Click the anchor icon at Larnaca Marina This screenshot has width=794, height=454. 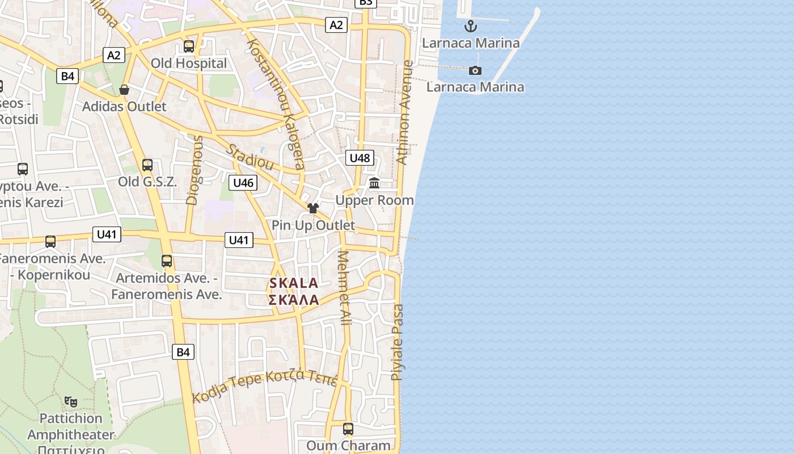pyautogui.click(x=470, y=26)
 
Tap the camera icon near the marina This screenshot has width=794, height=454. pyautogui.click(x=475, y=70)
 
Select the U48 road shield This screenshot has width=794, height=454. pyautogui.click(x=360, y=158)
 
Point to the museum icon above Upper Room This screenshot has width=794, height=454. pyautogui.click(x=374, y=183)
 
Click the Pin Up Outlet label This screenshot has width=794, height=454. pyautogui.click(x=313, y=225)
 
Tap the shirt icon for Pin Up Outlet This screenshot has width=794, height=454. pyautogui.click(x=313, y=208)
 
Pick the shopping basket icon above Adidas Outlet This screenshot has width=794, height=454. pyautogui.click(x=124, y=90)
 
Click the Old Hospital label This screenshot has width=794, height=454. pyautogui.click(x=188, y=63)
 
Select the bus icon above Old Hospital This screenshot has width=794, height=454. pyautogui.click(x=189, y=47)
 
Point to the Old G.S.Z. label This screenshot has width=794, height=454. pyautogui.click(x=147, y=182)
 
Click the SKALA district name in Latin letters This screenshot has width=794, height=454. pyautogui.click(x=294, y=283)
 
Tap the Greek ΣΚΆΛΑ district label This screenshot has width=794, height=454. pyautogui.click(x=294, y=300)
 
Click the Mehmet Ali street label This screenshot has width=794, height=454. pyautogui.click(x=344, y=288)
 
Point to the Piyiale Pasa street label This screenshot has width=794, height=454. pyautogui.click(x=398, y=342)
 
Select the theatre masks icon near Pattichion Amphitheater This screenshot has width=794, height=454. pyautogui.click(x=71, y=402)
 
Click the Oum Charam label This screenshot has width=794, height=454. pyautogui.click(x=348, y=445)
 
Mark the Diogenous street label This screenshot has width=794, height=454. pyautogui.click(x=194, y=170)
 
